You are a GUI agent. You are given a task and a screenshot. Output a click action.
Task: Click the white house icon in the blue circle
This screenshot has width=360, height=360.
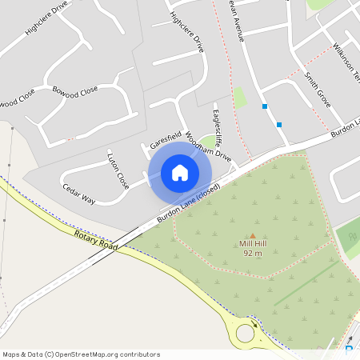pyautogui.click(x=180, y=172)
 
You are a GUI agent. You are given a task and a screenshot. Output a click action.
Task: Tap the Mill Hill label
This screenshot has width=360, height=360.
pyautogui.click(x=254, y=243)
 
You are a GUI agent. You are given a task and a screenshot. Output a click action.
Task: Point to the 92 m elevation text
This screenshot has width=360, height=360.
pyautogui.click(x=254, y=253)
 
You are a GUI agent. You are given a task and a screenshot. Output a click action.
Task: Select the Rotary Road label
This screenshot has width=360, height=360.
pyautogui.click(x=96, y=240)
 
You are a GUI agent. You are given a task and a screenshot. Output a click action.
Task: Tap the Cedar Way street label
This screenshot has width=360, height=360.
pyautogui.click(x=79, y=194)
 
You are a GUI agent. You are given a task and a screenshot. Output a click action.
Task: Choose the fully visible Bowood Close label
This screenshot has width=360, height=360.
pyautogui.click(x=75, y=90)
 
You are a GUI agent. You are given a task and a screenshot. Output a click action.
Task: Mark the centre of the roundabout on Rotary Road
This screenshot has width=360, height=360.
pyautogui.click(x=246, y=331)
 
